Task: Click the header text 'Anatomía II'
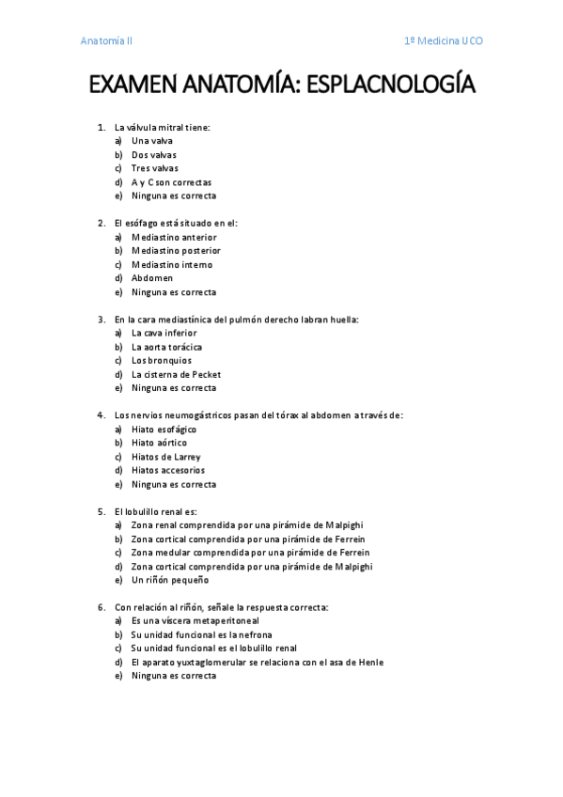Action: coord(106,41)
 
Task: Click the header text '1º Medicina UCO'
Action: coord(443,41)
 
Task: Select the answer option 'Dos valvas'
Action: coord(153,155)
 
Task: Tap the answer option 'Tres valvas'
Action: coord(154,168)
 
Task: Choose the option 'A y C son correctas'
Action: coord(171,182)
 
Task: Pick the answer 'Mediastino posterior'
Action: coord(176,251)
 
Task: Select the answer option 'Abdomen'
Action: coord(152,278)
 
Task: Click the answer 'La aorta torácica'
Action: coord(166,347)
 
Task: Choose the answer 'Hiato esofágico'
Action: coord(164,430)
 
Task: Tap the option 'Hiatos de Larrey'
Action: coord(165,457)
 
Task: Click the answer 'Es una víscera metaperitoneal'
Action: coord(195,621)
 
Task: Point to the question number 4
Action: coord(101,415)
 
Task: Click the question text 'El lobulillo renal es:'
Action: coord(156,512)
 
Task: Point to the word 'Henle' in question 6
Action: coord(370,663)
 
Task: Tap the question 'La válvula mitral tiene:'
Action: coord(162,127)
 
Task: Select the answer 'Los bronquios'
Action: coord(161,361)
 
